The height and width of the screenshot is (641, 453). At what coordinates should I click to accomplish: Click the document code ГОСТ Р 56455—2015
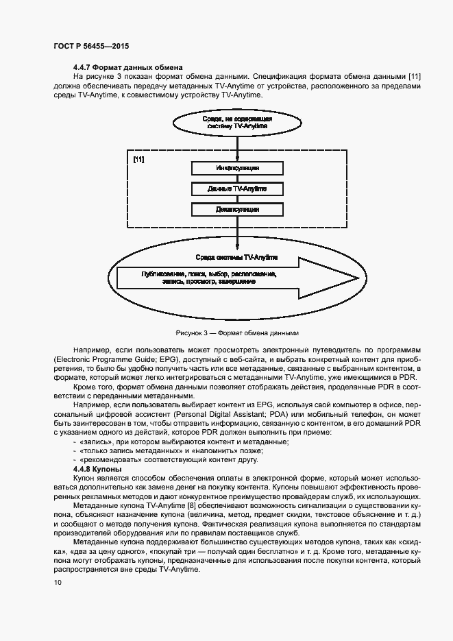tap(91, 46)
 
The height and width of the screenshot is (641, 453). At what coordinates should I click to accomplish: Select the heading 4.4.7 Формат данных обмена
tap(127, 67)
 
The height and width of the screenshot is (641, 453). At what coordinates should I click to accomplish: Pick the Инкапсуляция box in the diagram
tap(236, 168)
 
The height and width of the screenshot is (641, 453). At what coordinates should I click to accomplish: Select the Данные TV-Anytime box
tap(236, 189)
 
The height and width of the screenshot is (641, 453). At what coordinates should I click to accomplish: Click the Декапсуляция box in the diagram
tap(236, 209)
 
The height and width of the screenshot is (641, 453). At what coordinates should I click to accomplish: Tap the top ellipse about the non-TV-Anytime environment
tap(237, 123)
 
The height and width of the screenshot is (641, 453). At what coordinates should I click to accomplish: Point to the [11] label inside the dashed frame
tap(138, 160)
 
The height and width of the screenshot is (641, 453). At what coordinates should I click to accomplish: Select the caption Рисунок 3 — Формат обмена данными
tap(237, 332)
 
